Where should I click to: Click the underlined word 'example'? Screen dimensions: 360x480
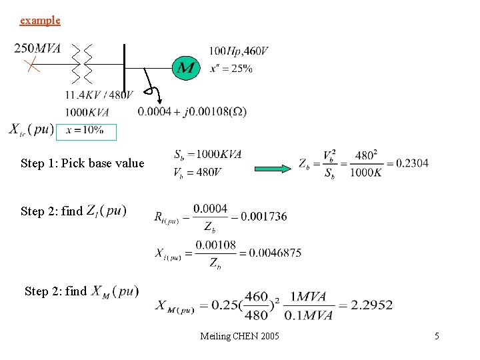point(40,21)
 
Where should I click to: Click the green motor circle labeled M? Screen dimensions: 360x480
point(186,67)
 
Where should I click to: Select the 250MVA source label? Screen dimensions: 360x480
point(37,49)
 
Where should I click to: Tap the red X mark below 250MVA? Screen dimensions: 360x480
point(30,65)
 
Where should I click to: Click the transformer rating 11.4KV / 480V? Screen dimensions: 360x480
point(99,95)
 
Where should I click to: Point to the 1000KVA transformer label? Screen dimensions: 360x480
point(87,112)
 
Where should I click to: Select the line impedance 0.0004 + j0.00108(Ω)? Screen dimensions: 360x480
point(192,112)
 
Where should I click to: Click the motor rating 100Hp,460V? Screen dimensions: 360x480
point(239,51)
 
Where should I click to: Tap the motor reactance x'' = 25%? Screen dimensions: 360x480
point(231,68)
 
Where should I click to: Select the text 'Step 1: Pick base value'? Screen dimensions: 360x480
point(82,163)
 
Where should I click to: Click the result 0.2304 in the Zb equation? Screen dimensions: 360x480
point(411,163)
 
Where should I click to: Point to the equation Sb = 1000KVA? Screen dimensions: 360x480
point(207,155)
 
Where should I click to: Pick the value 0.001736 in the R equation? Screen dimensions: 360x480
point(263,216)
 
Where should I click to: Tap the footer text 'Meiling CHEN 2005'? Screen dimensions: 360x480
point(239,336)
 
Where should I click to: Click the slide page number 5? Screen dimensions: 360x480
point(437,336)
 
